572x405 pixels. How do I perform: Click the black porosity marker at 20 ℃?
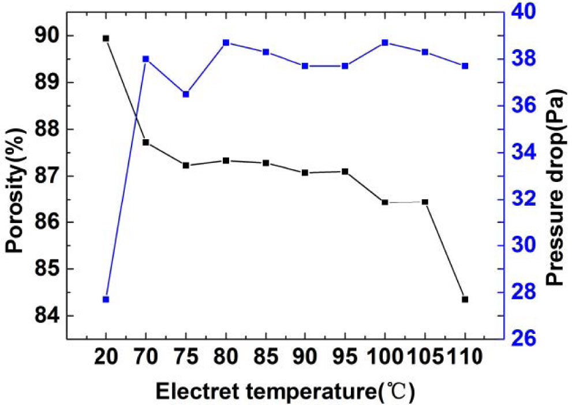[106, 38]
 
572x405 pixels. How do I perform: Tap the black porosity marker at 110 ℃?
[465, 299]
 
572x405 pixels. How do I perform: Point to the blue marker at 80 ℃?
[226, 43]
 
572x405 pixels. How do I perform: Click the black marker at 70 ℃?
[146, 142]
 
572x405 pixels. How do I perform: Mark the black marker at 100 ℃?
[385, 202]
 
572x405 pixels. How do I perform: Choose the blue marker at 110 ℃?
[465, 66]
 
